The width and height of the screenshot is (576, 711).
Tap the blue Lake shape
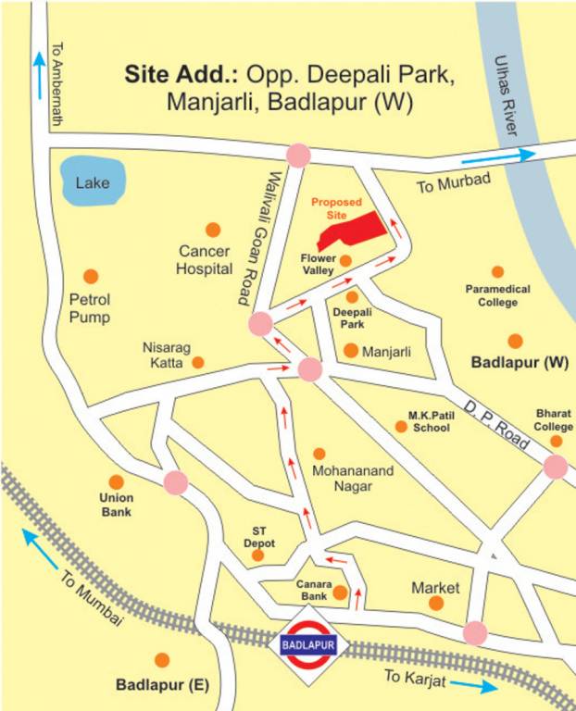[92, 181]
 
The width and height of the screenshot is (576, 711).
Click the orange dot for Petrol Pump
[91, 276]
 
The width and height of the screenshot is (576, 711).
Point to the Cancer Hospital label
[205, 259]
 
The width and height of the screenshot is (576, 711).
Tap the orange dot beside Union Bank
[117, 481]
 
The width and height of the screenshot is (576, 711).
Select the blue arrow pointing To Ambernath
[39, 69]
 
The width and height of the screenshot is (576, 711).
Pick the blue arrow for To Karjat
[475, 687]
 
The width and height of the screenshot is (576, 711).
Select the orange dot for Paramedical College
[497, 272]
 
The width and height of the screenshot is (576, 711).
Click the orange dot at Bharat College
[557, 442]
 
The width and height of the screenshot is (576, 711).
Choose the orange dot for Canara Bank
[340, 592]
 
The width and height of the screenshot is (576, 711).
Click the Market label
[435, 588]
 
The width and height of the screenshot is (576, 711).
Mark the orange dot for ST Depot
[258, 555]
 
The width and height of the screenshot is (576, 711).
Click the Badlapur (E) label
[163, 686]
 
